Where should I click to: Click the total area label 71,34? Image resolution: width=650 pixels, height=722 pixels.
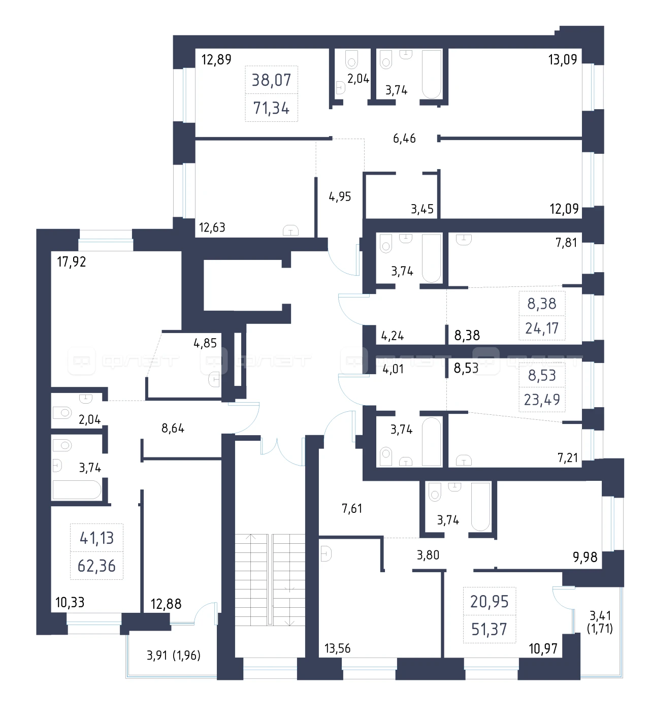pos(271,108)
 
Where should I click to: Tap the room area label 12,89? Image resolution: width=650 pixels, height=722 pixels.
pos(216,59)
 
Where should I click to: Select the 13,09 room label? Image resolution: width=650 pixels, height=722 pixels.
pos(563,60)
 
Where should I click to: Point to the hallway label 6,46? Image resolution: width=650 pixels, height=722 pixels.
pos(404,138)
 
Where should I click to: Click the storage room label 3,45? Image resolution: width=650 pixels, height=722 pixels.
pos(422,209)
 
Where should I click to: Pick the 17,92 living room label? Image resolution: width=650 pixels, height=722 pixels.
pos(71,261)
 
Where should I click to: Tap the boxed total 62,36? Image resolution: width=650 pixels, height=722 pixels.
pos(96,566)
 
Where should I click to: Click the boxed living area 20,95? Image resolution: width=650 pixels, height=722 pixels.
pos(490,602)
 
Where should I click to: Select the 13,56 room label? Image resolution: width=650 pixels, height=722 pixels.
pos(337,648)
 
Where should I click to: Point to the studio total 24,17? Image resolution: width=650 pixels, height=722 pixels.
pos(542,328)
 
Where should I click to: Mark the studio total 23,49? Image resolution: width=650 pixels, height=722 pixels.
pos(542,400)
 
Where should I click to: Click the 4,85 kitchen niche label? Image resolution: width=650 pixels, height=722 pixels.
pos(205,343)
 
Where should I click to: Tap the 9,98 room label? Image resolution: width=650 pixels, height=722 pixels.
pos(585,557)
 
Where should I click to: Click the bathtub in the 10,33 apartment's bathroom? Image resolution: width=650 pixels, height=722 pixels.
pos(77,490)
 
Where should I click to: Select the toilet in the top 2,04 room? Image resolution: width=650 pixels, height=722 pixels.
pos(351,59)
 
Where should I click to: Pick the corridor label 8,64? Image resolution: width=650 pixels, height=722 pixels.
pos(173,428)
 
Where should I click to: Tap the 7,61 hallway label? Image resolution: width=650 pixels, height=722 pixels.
pos(352,508)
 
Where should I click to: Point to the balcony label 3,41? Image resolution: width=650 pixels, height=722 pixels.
pos(600,615)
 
